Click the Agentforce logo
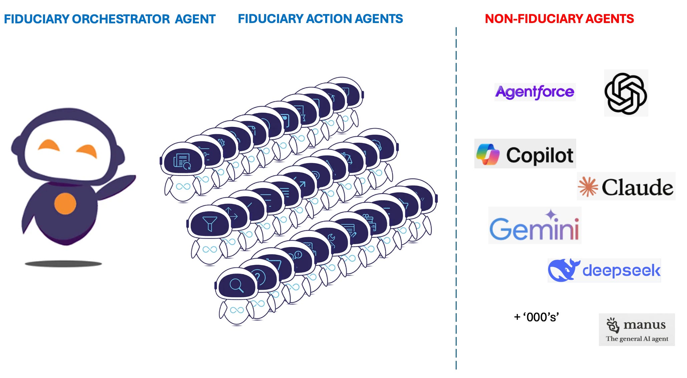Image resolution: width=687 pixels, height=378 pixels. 534,92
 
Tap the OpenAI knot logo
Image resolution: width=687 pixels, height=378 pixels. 626,93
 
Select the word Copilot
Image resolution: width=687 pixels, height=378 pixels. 539,155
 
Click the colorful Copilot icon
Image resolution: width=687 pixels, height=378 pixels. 488,154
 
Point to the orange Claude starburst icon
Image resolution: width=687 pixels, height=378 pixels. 588,187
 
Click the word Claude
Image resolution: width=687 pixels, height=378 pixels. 637,187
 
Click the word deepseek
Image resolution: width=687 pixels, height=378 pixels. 621,270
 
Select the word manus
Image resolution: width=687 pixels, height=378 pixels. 644,324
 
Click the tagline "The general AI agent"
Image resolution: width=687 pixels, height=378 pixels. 637,339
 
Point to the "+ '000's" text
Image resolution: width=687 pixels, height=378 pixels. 536,317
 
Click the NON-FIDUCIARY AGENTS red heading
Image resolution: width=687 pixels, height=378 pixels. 559,19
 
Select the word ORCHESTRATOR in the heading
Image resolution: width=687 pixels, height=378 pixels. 121,19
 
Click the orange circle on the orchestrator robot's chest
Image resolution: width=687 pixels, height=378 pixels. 65,203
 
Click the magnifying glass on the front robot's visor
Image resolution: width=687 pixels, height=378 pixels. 236,285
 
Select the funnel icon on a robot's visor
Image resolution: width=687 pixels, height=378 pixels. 210,223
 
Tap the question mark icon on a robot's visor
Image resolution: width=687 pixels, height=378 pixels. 258,277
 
